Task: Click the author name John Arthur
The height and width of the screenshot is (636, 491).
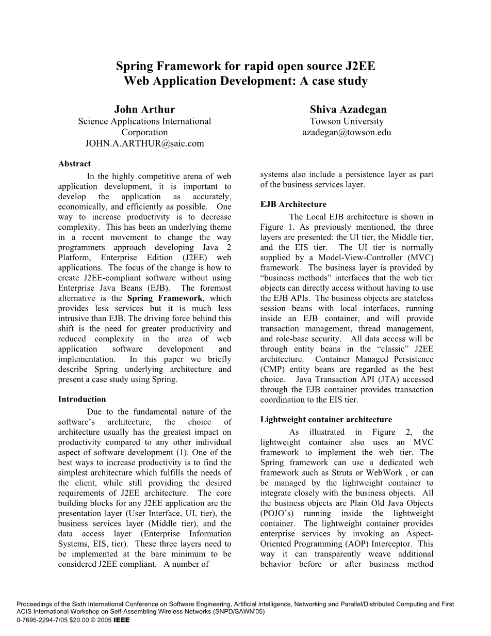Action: pos(144,109)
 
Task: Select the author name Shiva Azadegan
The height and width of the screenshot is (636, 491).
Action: pos(348,109)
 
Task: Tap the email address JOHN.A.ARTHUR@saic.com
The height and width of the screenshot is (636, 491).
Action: pos(144,144)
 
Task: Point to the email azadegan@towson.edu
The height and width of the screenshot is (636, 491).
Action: pos(347,132)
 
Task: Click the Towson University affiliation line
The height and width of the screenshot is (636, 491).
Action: pos(347,121)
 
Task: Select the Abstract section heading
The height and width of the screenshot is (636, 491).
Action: pos(74,164)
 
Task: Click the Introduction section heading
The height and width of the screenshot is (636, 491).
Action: pos(81,399)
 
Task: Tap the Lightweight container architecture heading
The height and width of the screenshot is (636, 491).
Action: pos(326,420)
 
